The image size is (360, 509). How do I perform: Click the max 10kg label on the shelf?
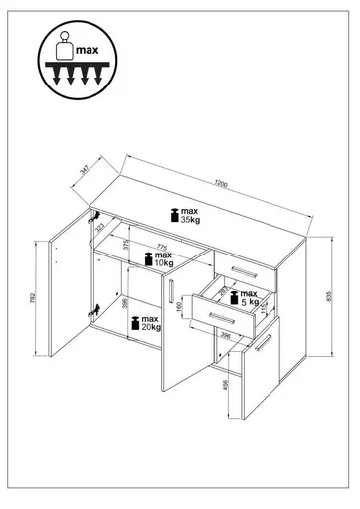pyautogui.click(x=157, y=260)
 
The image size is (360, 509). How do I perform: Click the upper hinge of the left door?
pyautogui.click(x=95, y=214)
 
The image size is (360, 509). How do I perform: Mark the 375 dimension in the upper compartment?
pyautogui.click(x=124, y=246)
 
